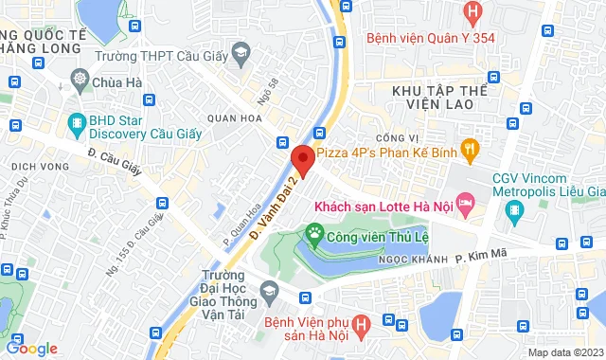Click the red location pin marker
pos(303,158)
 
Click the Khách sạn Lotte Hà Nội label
pos(382,204)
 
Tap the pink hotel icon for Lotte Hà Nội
pos(465,203)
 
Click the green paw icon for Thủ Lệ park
pos(313,232)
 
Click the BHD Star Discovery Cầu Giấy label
pos(134,128)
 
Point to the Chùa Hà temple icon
pos(79,81)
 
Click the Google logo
pos(32,348)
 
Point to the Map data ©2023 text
pos(564,352)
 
